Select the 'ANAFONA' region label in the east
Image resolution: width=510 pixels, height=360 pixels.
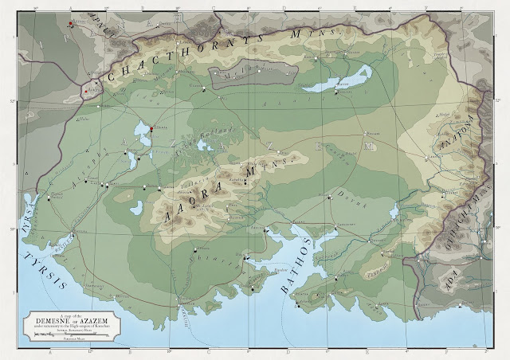[455, 129]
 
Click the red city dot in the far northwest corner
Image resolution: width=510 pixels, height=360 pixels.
[71, 24]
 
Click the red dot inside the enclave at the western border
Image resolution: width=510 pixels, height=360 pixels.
[85, 91]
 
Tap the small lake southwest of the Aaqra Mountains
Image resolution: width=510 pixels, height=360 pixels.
[136, 209]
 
